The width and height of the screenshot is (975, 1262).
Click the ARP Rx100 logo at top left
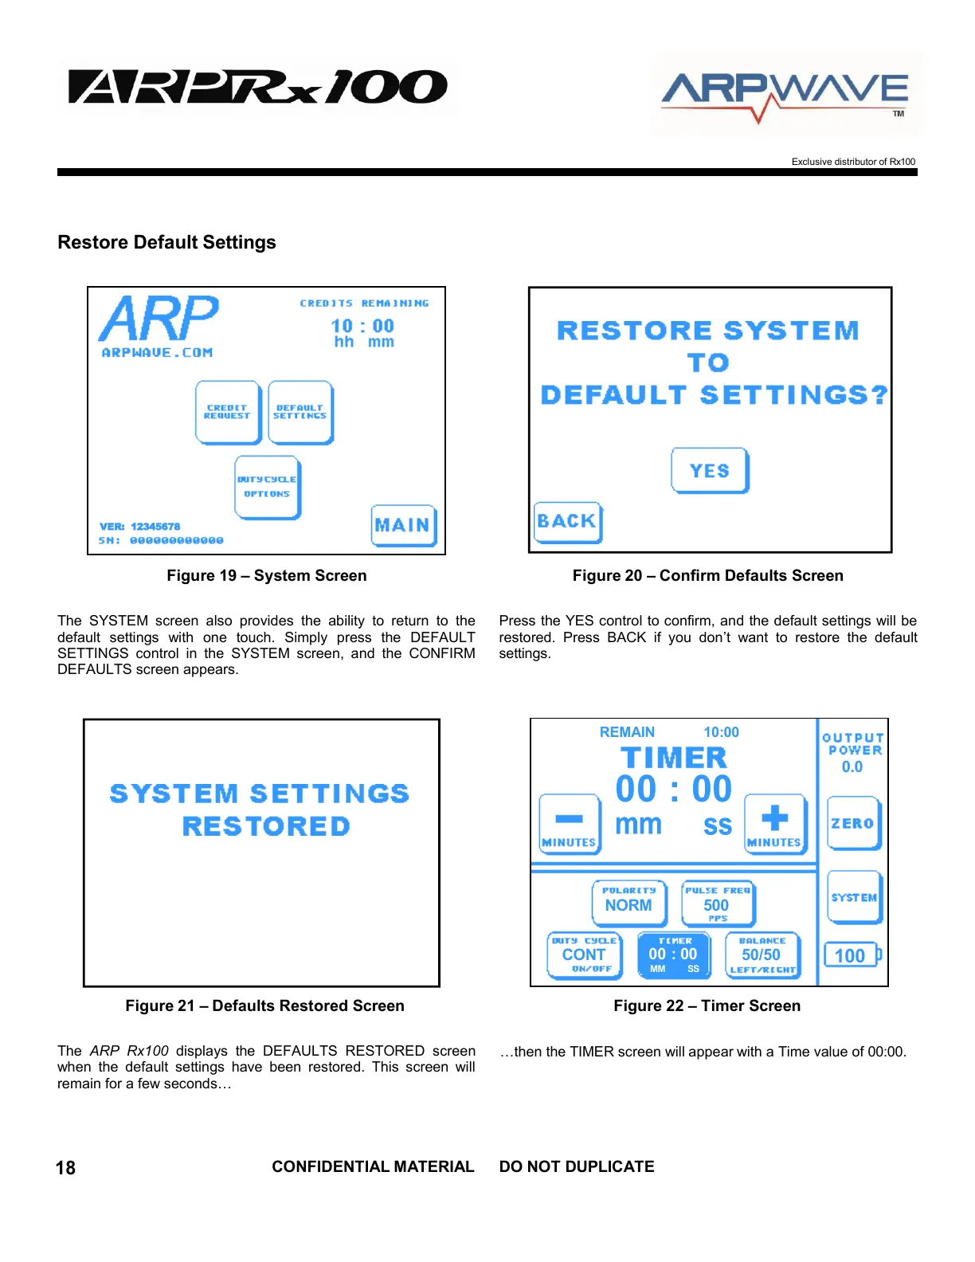(258, 88)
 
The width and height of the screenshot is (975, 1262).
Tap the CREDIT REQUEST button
(228, 412)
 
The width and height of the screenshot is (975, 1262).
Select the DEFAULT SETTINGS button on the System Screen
(300, 412)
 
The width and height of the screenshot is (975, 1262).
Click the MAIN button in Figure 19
(403, 525)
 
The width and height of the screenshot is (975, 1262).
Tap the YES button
(710, 471)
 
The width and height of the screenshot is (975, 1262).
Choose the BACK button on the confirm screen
(567, 522)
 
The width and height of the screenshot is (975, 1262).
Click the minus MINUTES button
(569, 824)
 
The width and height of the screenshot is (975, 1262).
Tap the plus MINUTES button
(774, 824)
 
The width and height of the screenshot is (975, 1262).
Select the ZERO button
(853, 823)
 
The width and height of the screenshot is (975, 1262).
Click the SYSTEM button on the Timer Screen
(854, 897)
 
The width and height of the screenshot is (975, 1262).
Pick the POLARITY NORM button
(628, 903)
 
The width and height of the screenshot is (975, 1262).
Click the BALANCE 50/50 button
(762, 954)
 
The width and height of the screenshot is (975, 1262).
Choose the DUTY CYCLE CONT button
(585, 954)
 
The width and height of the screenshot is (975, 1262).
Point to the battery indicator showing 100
(852, 954)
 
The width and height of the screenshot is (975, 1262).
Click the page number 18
(65, 1168)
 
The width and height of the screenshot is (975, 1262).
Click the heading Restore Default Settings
(166, 242)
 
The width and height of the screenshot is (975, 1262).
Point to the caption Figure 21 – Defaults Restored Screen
(264, 1005)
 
